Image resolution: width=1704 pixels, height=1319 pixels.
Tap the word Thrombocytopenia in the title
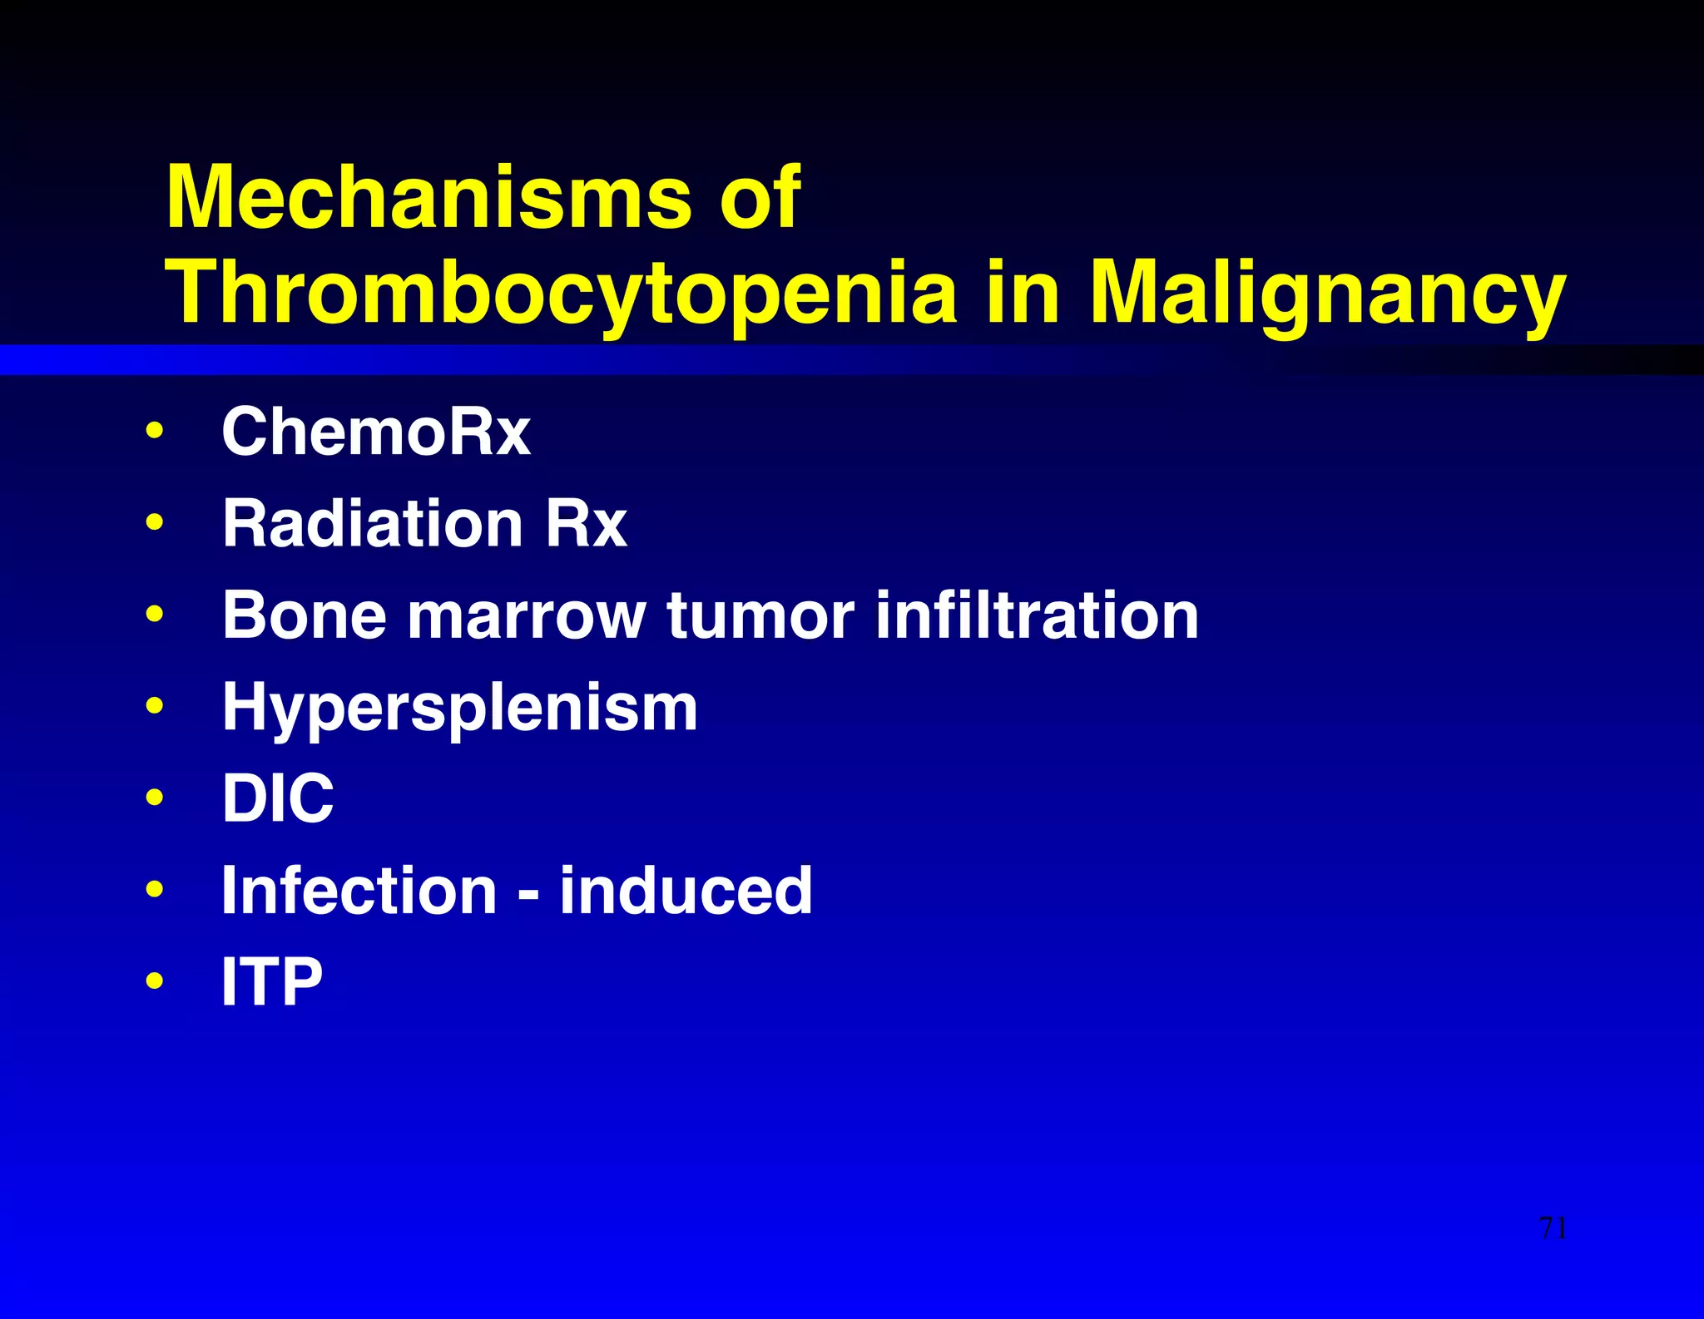pos(562,293)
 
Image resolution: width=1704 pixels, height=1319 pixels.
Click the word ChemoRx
pos(376,432)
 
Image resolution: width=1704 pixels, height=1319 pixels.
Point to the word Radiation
pos(373,523)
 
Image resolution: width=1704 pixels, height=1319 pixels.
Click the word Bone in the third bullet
pos(305,615)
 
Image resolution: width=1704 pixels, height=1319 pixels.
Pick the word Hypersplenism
pos(459,709)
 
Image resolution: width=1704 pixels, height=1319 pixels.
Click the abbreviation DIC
pos(278,798)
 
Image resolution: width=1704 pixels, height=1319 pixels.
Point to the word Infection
pos(359,891)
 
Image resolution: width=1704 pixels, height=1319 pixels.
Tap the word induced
pos(686,891)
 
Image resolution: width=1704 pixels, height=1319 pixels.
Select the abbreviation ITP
pos(272,982)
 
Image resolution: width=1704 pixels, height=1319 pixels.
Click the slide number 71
pos(1553,1228)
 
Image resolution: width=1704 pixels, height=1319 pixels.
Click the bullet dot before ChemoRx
pos(154,432)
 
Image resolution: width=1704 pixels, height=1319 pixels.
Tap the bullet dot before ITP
pos(154,981)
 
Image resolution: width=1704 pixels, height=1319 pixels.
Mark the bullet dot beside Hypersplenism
pos(154,707)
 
